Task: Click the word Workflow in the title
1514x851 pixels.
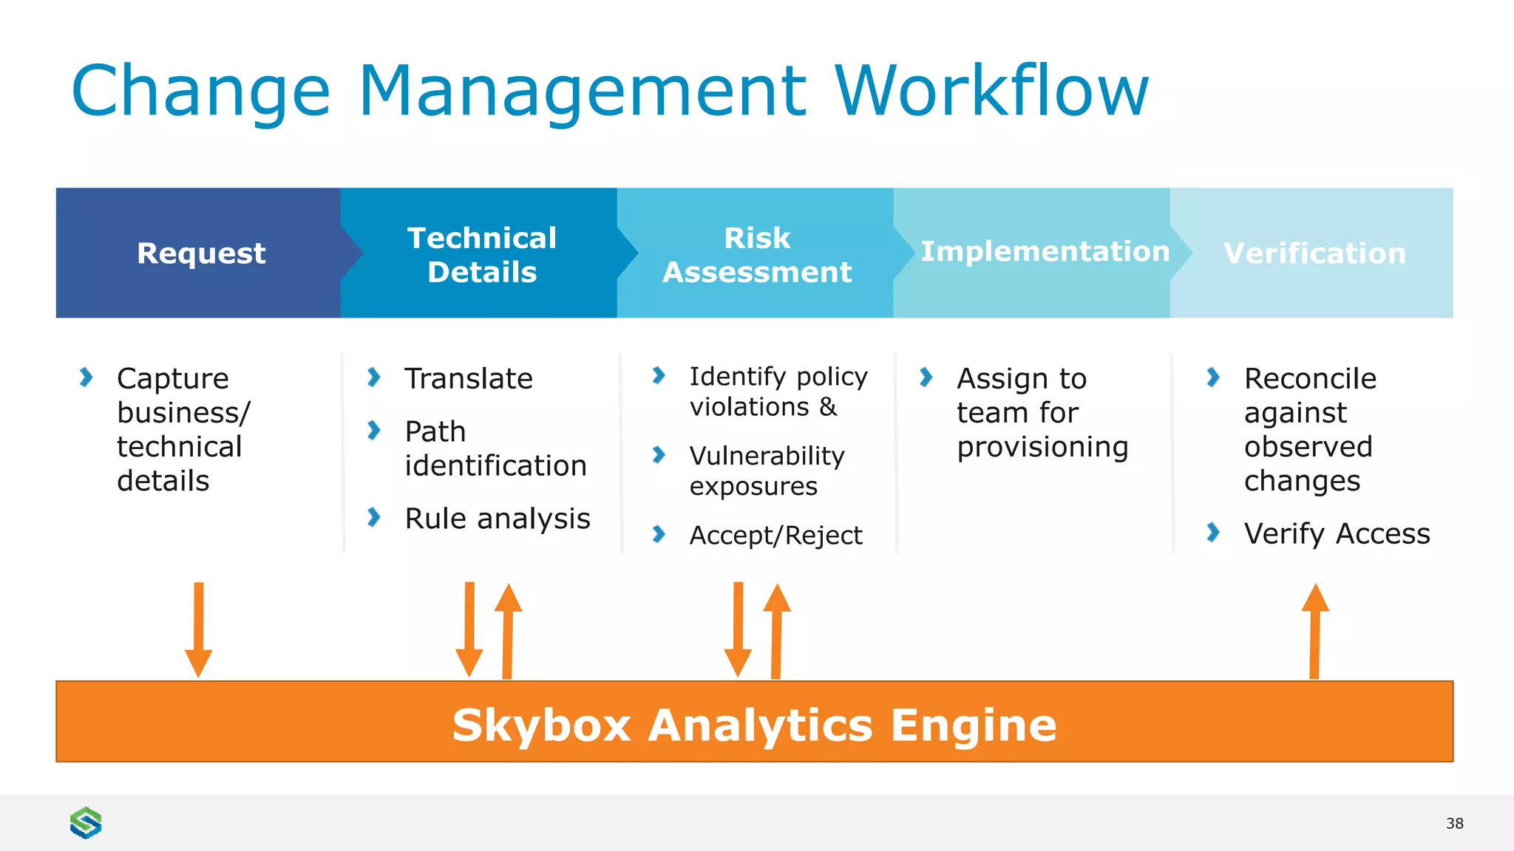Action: pyautogui.click(x=991, y=91)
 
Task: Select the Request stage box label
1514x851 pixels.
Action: pyautogui.click(x=201, y=253)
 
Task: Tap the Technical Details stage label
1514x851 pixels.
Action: pyautogui.click(x=482, y=255)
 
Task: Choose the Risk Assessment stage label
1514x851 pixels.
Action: pyautogui.click(x=757, y=255)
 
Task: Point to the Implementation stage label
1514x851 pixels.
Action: pyautogui.click(x=1045, y=252)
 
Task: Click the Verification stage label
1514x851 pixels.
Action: pyautogui.click(x=1314, y=253)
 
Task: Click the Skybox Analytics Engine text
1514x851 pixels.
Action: pyautogui.click(x=754, y=725)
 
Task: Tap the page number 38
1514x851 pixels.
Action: pyautogui.click(x=1454, y=824)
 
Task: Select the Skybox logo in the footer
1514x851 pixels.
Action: pyautogui.click(x=86, y=822)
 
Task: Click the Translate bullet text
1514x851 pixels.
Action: pyautogui.click(x=469, y=379)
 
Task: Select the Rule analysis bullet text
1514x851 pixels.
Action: pyautogui.click(x=498, y=519)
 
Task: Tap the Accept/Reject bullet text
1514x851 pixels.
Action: pyautogui.click(x=775, y=535)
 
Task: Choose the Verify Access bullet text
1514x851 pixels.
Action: pyautogui.click(x=1337, y=533)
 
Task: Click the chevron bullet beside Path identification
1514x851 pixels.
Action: pyautogui.click(x=374, y=430)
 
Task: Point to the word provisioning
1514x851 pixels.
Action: pyautogui.click(x=1042, y=447)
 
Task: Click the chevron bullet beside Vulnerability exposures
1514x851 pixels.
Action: pyautogui.click(x=659, y=454)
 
